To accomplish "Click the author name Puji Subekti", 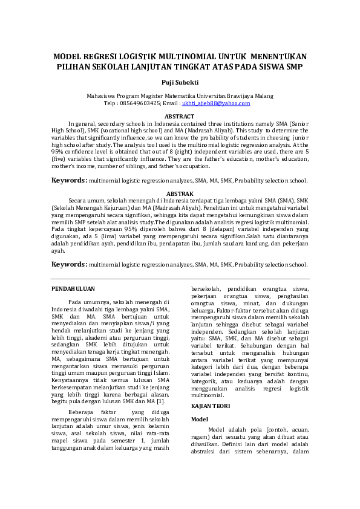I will [180, 82].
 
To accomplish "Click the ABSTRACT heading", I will [180, 116].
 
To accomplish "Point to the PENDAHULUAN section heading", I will [73, 290].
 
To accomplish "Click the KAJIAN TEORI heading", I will [209, 406].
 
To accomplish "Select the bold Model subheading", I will [200, 419].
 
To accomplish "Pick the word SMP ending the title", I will [291, 66].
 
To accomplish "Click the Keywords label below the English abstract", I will [68, 180].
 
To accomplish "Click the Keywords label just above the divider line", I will [68, 264].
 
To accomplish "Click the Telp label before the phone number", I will [110, 103].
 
